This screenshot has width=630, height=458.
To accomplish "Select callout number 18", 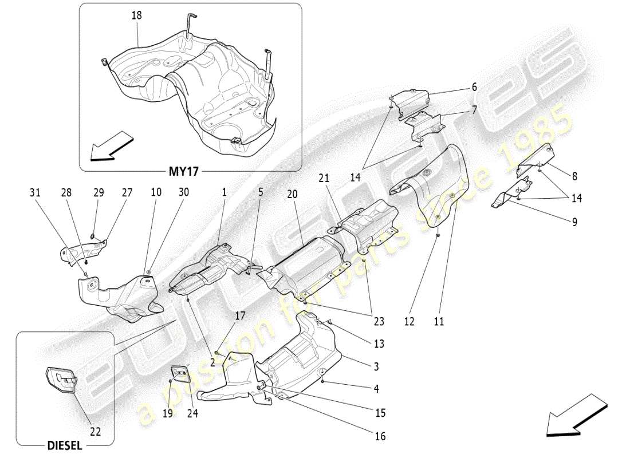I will click(x=136, y=16).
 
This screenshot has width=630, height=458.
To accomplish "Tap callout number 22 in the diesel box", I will click(x=95, y=432).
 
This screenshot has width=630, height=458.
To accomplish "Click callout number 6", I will click(x=474, y=87).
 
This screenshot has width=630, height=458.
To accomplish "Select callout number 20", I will click(x=293, y=195).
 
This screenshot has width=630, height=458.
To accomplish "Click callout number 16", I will click(x=380, y=436).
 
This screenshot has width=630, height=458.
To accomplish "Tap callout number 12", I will click(x=409, y=322).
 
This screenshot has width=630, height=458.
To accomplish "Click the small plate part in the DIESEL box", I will click(x=60, y=382).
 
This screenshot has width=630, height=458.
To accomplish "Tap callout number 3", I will click(x=376, y=366).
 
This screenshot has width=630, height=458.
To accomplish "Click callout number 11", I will click(x=439, y=322).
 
